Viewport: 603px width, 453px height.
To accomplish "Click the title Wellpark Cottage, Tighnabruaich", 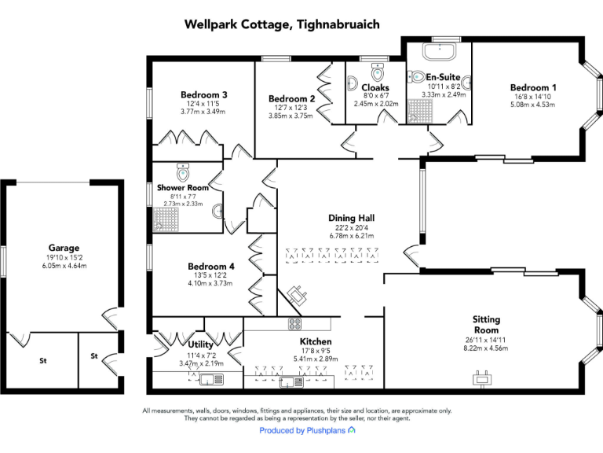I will (282, 24).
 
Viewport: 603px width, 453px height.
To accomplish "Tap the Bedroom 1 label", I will (533, 87).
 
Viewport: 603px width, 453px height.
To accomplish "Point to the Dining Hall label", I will (351, 218).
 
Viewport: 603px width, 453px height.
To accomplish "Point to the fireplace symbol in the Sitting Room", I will (480, 380).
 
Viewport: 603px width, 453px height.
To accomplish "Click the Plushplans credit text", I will (307, 431).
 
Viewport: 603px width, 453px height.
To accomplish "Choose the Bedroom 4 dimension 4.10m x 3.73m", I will (210, 284).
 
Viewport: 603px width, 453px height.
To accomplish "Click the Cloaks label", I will (375, 87).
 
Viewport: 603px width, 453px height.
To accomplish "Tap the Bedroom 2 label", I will (291, 98).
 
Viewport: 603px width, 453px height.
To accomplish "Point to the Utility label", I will (202, 344).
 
